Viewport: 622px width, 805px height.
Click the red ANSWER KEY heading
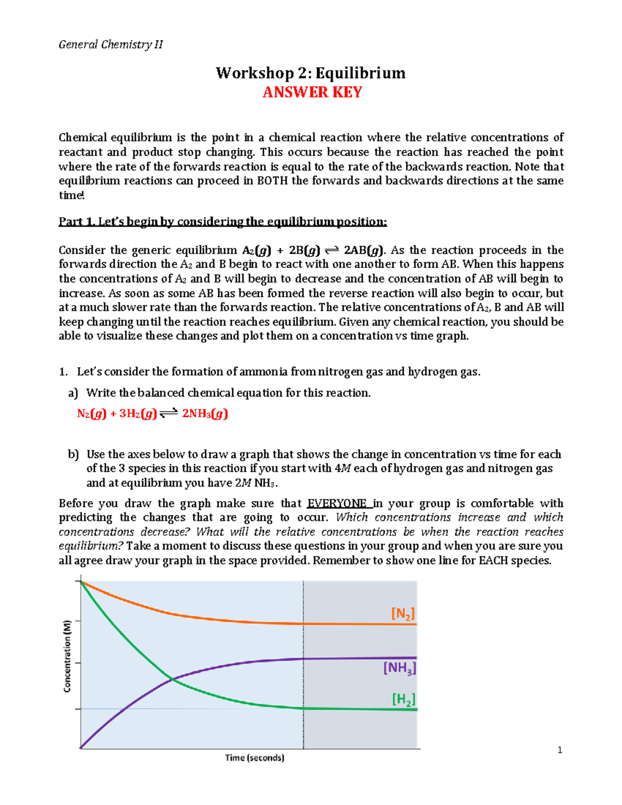312,92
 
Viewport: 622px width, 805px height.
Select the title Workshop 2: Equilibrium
310,73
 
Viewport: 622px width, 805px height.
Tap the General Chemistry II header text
110,45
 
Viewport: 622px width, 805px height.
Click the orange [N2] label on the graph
403,614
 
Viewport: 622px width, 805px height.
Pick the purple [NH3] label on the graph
399,668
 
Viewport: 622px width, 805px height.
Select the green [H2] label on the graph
403,699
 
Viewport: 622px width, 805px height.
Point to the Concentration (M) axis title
67,656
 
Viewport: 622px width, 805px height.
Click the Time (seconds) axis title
255,758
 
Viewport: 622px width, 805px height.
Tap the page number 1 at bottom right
559,750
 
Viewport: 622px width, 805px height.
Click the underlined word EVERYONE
337,503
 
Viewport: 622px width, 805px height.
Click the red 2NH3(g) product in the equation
205,414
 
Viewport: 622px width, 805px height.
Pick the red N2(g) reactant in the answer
91,414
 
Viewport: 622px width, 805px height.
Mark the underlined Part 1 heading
222,222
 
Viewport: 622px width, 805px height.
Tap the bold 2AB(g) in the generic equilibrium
364,250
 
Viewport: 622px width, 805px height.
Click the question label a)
73,393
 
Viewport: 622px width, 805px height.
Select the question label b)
73,455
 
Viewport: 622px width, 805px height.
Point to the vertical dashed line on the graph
303,674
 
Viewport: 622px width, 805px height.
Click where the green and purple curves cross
172,679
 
